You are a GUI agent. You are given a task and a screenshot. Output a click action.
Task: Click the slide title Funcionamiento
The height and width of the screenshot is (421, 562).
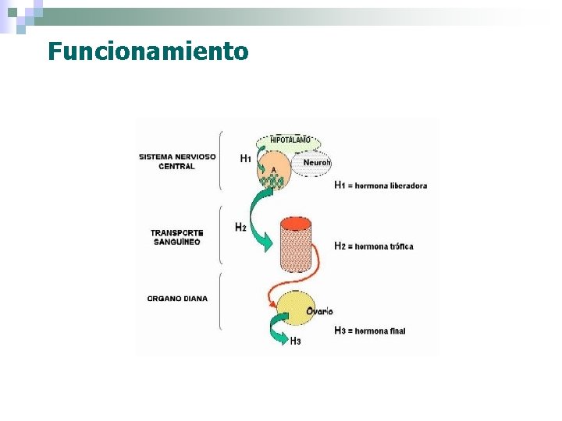click(148, 51)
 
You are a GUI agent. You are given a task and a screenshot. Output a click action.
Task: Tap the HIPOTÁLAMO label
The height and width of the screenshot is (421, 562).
click(290, 140)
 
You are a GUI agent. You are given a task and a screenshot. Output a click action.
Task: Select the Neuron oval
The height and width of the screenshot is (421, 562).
click(316, 162)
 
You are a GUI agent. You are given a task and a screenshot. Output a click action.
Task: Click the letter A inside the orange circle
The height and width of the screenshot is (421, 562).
click(273, 169)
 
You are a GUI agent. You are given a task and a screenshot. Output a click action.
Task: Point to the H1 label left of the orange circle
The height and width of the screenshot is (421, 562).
click(245, 158)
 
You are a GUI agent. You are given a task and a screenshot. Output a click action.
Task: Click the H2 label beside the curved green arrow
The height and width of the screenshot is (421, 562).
click(240, 228)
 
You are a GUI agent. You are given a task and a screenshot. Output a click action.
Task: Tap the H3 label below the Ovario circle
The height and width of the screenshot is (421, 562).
click(295, 341)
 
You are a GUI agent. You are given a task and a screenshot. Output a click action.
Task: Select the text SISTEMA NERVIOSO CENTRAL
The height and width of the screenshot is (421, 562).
click(177, 161)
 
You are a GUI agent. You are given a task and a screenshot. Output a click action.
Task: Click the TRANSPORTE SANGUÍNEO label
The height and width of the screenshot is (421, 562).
click(177, 237)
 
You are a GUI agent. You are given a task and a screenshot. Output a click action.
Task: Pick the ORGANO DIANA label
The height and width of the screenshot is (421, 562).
click(177, 299)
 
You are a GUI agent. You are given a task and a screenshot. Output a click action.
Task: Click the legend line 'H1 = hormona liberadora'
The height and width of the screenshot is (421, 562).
click(380, 186)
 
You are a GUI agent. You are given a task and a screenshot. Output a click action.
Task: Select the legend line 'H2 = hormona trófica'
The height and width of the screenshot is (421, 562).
click(373, 246)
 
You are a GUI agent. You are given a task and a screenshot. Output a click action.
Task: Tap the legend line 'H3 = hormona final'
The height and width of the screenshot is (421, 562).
click(369, 331)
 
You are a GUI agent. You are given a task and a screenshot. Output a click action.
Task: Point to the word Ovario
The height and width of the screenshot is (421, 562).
click(319, 311)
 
